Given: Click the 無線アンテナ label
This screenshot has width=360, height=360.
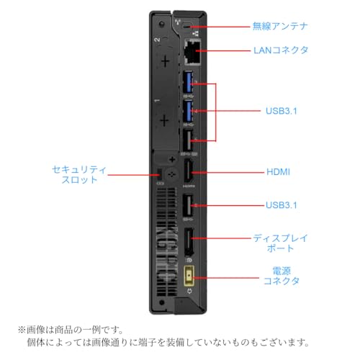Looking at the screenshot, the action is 280,26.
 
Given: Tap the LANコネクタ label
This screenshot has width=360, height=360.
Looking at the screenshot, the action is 281,50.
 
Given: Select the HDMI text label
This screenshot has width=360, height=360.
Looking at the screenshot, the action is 279,172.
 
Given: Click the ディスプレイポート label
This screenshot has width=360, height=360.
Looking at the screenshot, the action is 280,243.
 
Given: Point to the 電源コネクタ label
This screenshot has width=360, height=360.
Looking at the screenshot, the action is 282,276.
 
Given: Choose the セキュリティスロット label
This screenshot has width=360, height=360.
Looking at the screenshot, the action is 79,174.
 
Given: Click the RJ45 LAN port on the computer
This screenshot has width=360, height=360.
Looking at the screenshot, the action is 192,52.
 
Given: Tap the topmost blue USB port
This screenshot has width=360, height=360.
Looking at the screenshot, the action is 188,82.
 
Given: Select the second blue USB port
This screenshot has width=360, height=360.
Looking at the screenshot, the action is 188,111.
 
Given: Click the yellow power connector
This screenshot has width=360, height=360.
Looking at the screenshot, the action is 189,276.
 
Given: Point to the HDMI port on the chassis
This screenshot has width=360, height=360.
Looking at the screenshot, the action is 188,171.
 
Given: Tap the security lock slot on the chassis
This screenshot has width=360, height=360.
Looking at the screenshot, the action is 160,174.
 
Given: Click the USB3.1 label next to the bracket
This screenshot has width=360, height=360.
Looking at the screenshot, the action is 282,111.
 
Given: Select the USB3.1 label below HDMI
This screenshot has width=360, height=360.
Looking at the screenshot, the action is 282,205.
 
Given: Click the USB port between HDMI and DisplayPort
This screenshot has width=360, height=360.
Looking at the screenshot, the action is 188,205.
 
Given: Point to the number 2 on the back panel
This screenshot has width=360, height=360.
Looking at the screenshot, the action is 158,40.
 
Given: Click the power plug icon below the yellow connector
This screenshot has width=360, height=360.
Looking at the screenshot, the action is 189,291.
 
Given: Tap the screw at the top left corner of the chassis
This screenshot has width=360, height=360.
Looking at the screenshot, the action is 161,24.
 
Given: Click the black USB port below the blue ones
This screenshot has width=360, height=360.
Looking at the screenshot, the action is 188,140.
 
